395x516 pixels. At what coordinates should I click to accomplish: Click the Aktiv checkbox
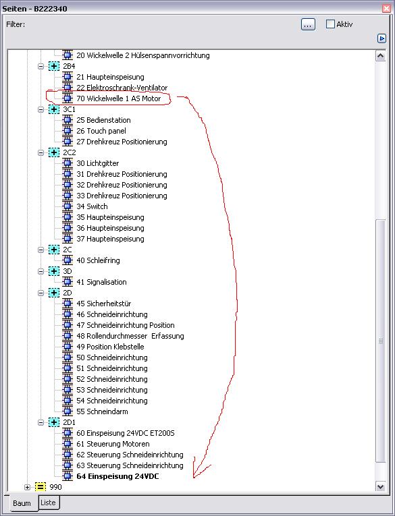330,24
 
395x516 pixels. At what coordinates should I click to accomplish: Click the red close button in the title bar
386,8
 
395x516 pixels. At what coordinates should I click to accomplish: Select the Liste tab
48,503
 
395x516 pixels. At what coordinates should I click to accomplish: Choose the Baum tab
22,503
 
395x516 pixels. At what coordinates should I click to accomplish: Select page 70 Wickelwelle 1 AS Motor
119,98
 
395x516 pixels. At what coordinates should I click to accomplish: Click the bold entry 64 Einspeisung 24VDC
117,476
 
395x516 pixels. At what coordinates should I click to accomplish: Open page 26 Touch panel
101,131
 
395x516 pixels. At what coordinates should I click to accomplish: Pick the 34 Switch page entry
92,206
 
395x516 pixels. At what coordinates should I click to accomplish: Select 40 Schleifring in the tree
98,260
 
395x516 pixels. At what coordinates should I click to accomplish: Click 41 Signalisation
101,282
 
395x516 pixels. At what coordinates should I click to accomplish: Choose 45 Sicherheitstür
104,304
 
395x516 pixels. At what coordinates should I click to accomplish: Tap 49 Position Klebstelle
110,347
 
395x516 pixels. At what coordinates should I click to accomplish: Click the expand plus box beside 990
27,487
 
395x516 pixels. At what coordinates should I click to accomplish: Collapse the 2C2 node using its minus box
41,152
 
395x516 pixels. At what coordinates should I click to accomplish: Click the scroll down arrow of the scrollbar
381,486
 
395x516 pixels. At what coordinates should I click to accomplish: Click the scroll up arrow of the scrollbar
381,56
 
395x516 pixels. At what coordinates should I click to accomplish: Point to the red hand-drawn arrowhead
194,476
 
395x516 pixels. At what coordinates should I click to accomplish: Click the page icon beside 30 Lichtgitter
68,163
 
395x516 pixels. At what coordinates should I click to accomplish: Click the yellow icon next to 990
41,487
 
